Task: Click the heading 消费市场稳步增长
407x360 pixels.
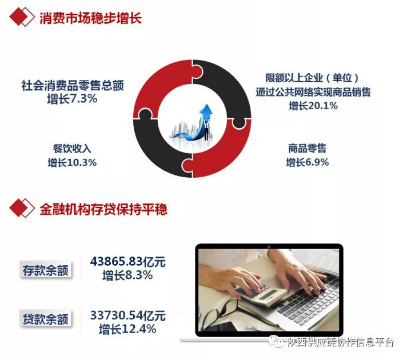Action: point(90,18)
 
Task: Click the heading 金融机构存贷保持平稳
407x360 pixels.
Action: point(103,209)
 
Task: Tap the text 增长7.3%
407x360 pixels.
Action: point(72,99)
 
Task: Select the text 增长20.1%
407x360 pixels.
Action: point(313,106)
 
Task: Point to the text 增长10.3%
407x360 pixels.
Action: point(72,163)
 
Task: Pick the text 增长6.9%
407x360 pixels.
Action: point(308,162)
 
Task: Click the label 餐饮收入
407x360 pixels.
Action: point(72,149)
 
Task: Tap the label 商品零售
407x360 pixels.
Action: point(308,148)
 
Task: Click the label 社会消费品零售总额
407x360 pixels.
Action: point(73,86)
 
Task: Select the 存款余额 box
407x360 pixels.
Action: point(46,270)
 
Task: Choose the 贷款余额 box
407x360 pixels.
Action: point(46,319)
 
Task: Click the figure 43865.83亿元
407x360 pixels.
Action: point(127,262)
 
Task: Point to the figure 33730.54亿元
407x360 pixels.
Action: point(127,315)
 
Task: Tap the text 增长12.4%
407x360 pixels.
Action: point(127,329)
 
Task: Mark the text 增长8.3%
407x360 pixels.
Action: point(127,275)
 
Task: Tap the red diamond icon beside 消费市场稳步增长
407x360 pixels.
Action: point(22,17)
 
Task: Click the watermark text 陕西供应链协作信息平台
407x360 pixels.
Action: point(340,342)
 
